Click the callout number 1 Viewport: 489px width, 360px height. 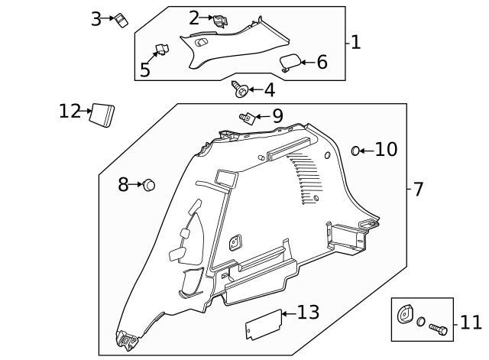coord(355,42)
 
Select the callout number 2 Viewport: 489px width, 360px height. coord(193,17)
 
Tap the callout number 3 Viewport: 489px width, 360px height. coord(96,19)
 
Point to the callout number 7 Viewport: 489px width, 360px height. coord(418,189)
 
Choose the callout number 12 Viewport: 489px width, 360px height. coord(70,112)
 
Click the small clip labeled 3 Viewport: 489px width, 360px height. coord(121,20)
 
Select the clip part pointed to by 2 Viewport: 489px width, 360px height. coord(219,21)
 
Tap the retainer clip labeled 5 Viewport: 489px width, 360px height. coord(162,50)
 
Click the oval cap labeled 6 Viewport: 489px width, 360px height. coord(290,63)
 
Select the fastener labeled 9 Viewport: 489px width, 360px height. coord(246,117)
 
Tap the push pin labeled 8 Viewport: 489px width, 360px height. coord(149,184)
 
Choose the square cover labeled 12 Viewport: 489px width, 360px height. coord(102,114)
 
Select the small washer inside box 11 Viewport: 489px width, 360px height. coord(421,323)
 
